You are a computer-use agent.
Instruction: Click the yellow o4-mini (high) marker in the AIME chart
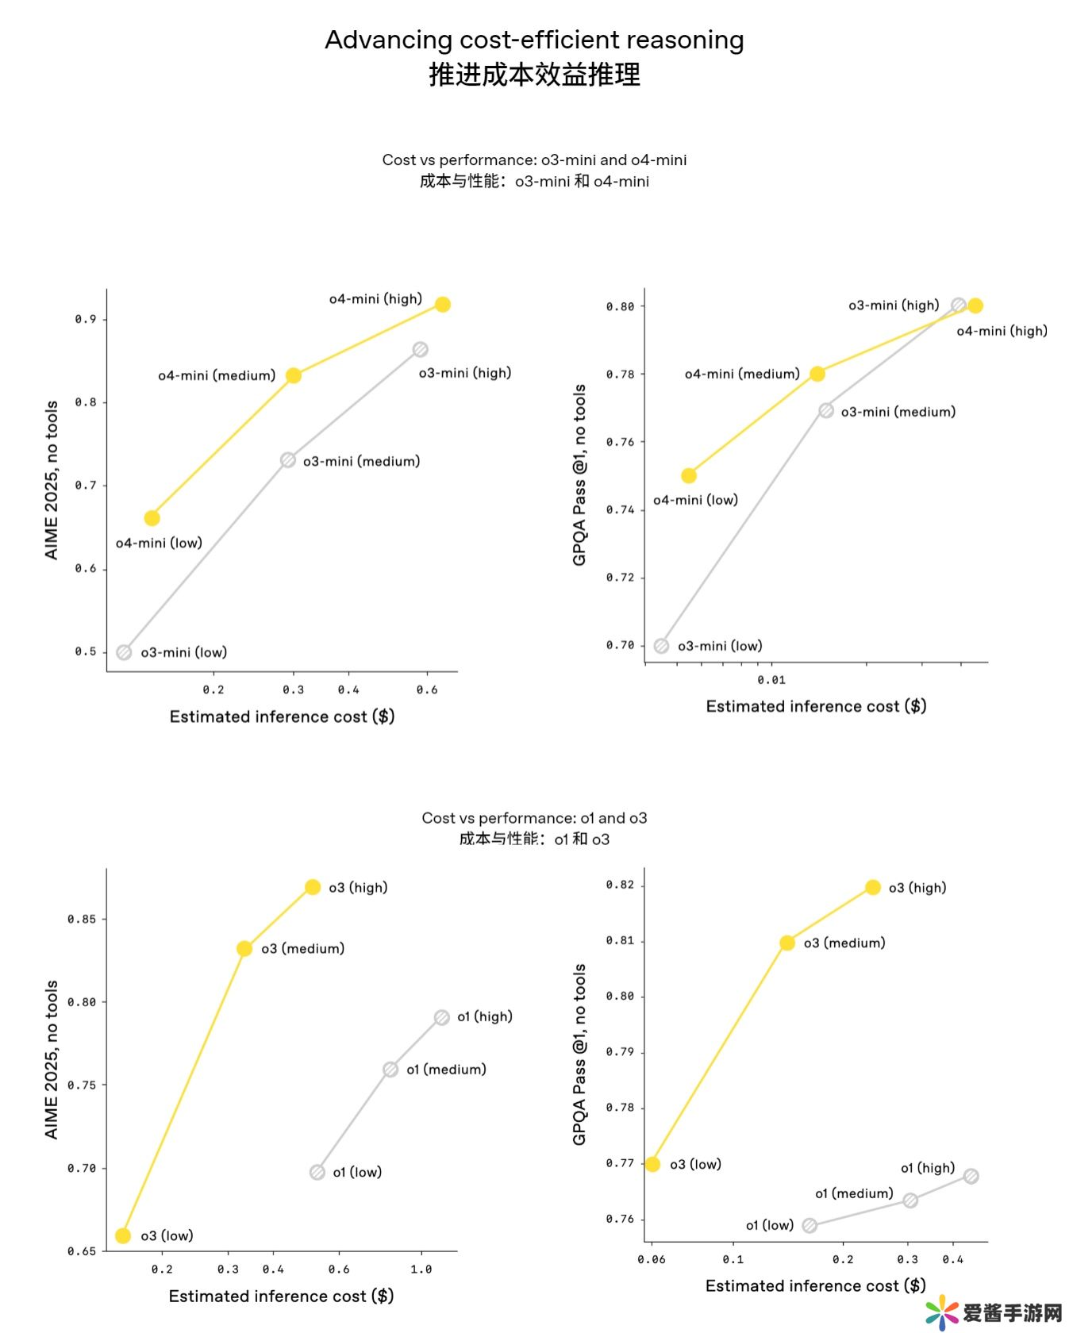(443, 305)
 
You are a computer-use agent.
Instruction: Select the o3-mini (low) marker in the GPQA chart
(661, 646)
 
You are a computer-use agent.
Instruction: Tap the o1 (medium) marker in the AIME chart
(390, 1070)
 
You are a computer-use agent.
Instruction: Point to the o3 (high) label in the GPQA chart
(917, 888)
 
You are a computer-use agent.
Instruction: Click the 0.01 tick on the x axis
(771, 680)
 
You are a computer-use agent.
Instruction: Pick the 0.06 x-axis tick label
(652, 1259)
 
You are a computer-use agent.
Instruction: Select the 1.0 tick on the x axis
(421, 1270)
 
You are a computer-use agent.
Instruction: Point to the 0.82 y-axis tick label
(620, 885)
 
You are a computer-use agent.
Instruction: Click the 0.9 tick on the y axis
(86, 319)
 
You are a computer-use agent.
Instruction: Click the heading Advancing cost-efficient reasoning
(534, 40)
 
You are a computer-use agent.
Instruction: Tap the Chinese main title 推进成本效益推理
(534, 75)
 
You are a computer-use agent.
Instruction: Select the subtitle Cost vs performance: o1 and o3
(534, 818)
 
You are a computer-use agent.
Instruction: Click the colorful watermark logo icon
(942, 1312)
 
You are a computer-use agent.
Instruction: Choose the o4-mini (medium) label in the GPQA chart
(742, 374)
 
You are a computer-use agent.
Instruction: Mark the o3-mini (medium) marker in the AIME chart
(288, 460)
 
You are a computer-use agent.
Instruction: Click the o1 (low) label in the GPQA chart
(769, 1226)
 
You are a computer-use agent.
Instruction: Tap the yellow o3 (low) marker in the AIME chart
(123, 1235)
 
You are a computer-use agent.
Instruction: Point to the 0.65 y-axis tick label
(82, 1251)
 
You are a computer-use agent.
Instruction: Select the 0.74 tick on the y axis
(620, 509)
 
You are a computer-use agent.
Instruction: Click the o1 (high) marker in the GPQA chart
(971, 1176)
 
